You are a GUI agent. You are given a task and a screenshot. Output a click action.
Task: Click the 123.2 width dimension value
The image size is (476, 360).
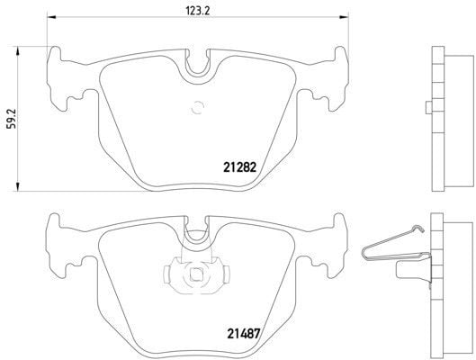[197, 10]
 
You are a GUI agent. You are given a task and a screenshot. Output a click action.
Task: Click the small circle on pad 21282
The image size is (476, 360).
[198, 111]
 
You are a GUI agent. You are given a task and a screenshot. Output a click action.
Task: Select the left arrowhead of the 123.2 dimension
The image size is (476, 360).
[50, 19]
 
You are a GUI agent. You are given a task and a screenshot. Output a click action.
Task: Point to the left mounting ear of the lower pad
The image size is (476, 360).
[61, 245]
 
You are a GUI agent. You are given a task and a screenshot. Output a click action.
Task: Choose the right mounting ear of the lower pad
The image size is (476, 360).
[334, 245]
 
